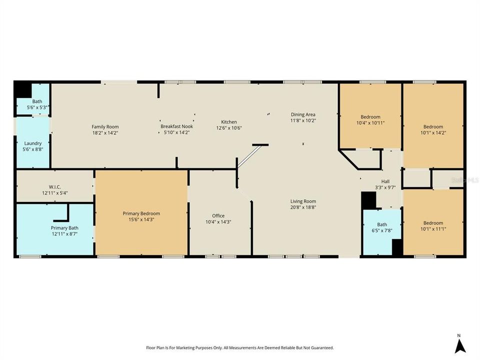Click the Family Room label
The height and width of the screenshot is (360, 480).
point(105,126)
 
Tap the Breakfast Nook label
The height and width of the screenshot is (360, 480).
point(176,126)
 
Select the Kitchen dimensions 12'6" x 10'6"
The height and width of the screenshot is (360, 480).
point(229,128)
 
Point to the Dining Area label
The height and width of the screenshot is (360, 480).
point(303,114)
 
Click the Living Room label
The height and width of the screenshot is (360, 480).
point(303,201)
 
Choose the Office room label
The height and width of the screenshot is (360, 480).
point(218,216)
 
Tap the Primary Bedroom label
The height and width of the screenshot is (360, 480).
point(141,213)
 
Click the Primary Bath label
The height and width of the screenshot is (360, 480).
point(64,228)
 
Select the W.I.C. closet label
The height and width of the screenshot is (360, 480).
point(55,186)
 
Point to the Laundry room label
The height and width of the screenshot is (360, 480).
point(33,143)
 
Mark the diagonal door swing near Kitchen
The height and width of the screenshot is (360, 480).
point(248,156)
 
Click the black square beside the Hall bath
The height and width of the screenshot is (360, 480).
point(368,200)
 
